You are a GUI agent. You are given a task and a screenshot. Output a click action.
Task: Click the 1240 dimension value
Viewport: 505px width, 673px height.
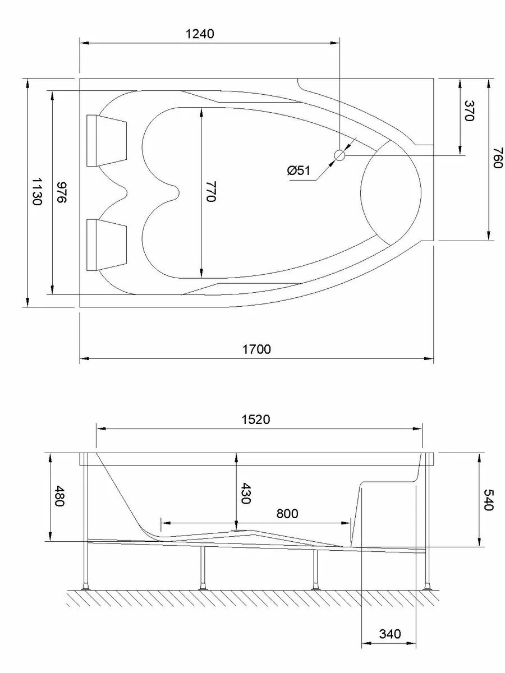tap(200, 34)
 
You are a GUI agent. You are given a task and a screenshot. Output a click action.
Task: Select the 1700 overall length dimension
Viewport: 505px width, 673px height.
tap(256, 349)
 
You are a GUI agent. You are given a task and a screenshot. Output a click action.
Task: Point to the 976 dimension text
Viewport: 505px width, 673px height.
tap(62, 192)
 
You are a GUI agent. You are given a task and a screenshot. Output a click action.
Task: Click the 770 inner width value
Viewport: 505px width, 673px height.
tap(210, 192)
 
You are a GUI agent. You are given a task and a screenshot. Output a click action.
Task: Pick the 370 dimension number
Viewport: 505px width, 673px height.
tap(469, 111)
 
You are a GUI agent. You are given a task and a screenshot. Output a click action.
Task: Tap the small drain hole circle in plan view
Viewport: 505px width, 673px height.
tap(339, 155)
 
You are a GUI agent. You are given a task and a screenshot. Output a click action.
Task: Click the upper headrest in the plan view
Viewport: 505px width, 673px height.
tap(107, 140)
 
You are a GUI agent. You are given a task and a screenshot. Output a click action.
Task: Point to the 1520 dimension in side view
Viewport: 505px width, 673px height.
tap(256, 420)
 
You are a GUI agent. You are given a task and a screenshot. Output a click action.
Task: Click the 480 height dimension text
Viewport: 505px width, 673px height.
tap(59, 496)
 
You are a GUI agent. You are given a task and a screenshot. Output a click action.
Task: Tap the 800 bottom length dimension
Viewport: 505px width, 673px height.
tap(286, 513)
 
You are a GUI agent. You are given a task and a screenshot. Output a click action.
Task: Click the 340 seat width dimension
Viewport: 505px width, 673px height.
tap(390, 634)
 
